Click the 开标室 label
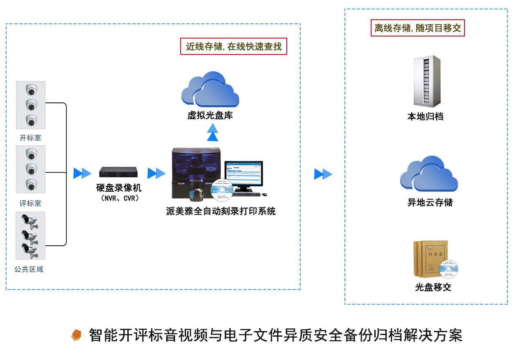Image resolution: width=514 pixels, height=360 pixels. (30, 138)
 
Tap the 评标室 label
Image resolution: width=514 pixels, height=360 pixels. (30, 204)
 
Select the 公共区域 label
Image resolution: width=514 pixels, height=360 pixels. (29, 269)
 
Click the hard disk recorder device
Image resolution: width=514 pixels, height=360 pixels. (118, 172)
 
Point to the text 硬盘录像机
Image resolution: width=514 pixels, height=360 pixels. (119, 188)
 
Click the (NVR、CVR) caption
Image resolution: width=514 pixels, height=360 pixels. (119, 198)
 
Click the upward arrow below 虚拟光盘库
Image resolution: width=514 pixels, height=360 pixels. (213, 132)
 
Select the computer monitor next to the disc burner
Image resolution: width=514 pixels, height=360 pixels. (244, 174)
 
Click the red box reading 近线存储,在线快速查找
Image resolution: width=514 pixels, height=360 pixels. (233, 46)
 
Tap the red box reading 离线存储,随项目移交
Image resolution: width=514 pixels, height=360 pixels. (417, 28)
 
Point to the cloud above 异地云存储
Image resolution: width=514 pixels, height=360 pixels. (429, 174)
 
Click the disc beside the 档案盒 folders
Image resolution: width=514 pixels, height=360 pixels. (448, 269)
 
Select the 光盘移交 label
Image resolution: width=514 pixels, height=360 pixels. (433, 288)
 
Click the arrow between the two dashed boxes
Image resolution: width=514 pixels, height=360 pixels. (323, 174)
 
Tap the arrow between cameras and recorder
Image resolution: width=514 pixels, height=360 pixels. (82, 173)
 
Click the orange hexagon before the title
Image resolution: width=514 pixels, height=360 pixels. (76, 335)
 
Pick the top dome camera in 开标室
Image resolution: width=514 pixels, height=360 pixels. (31, 89)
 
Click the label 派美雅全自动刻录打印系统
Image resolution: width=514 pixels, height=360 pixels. (221, 211)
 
